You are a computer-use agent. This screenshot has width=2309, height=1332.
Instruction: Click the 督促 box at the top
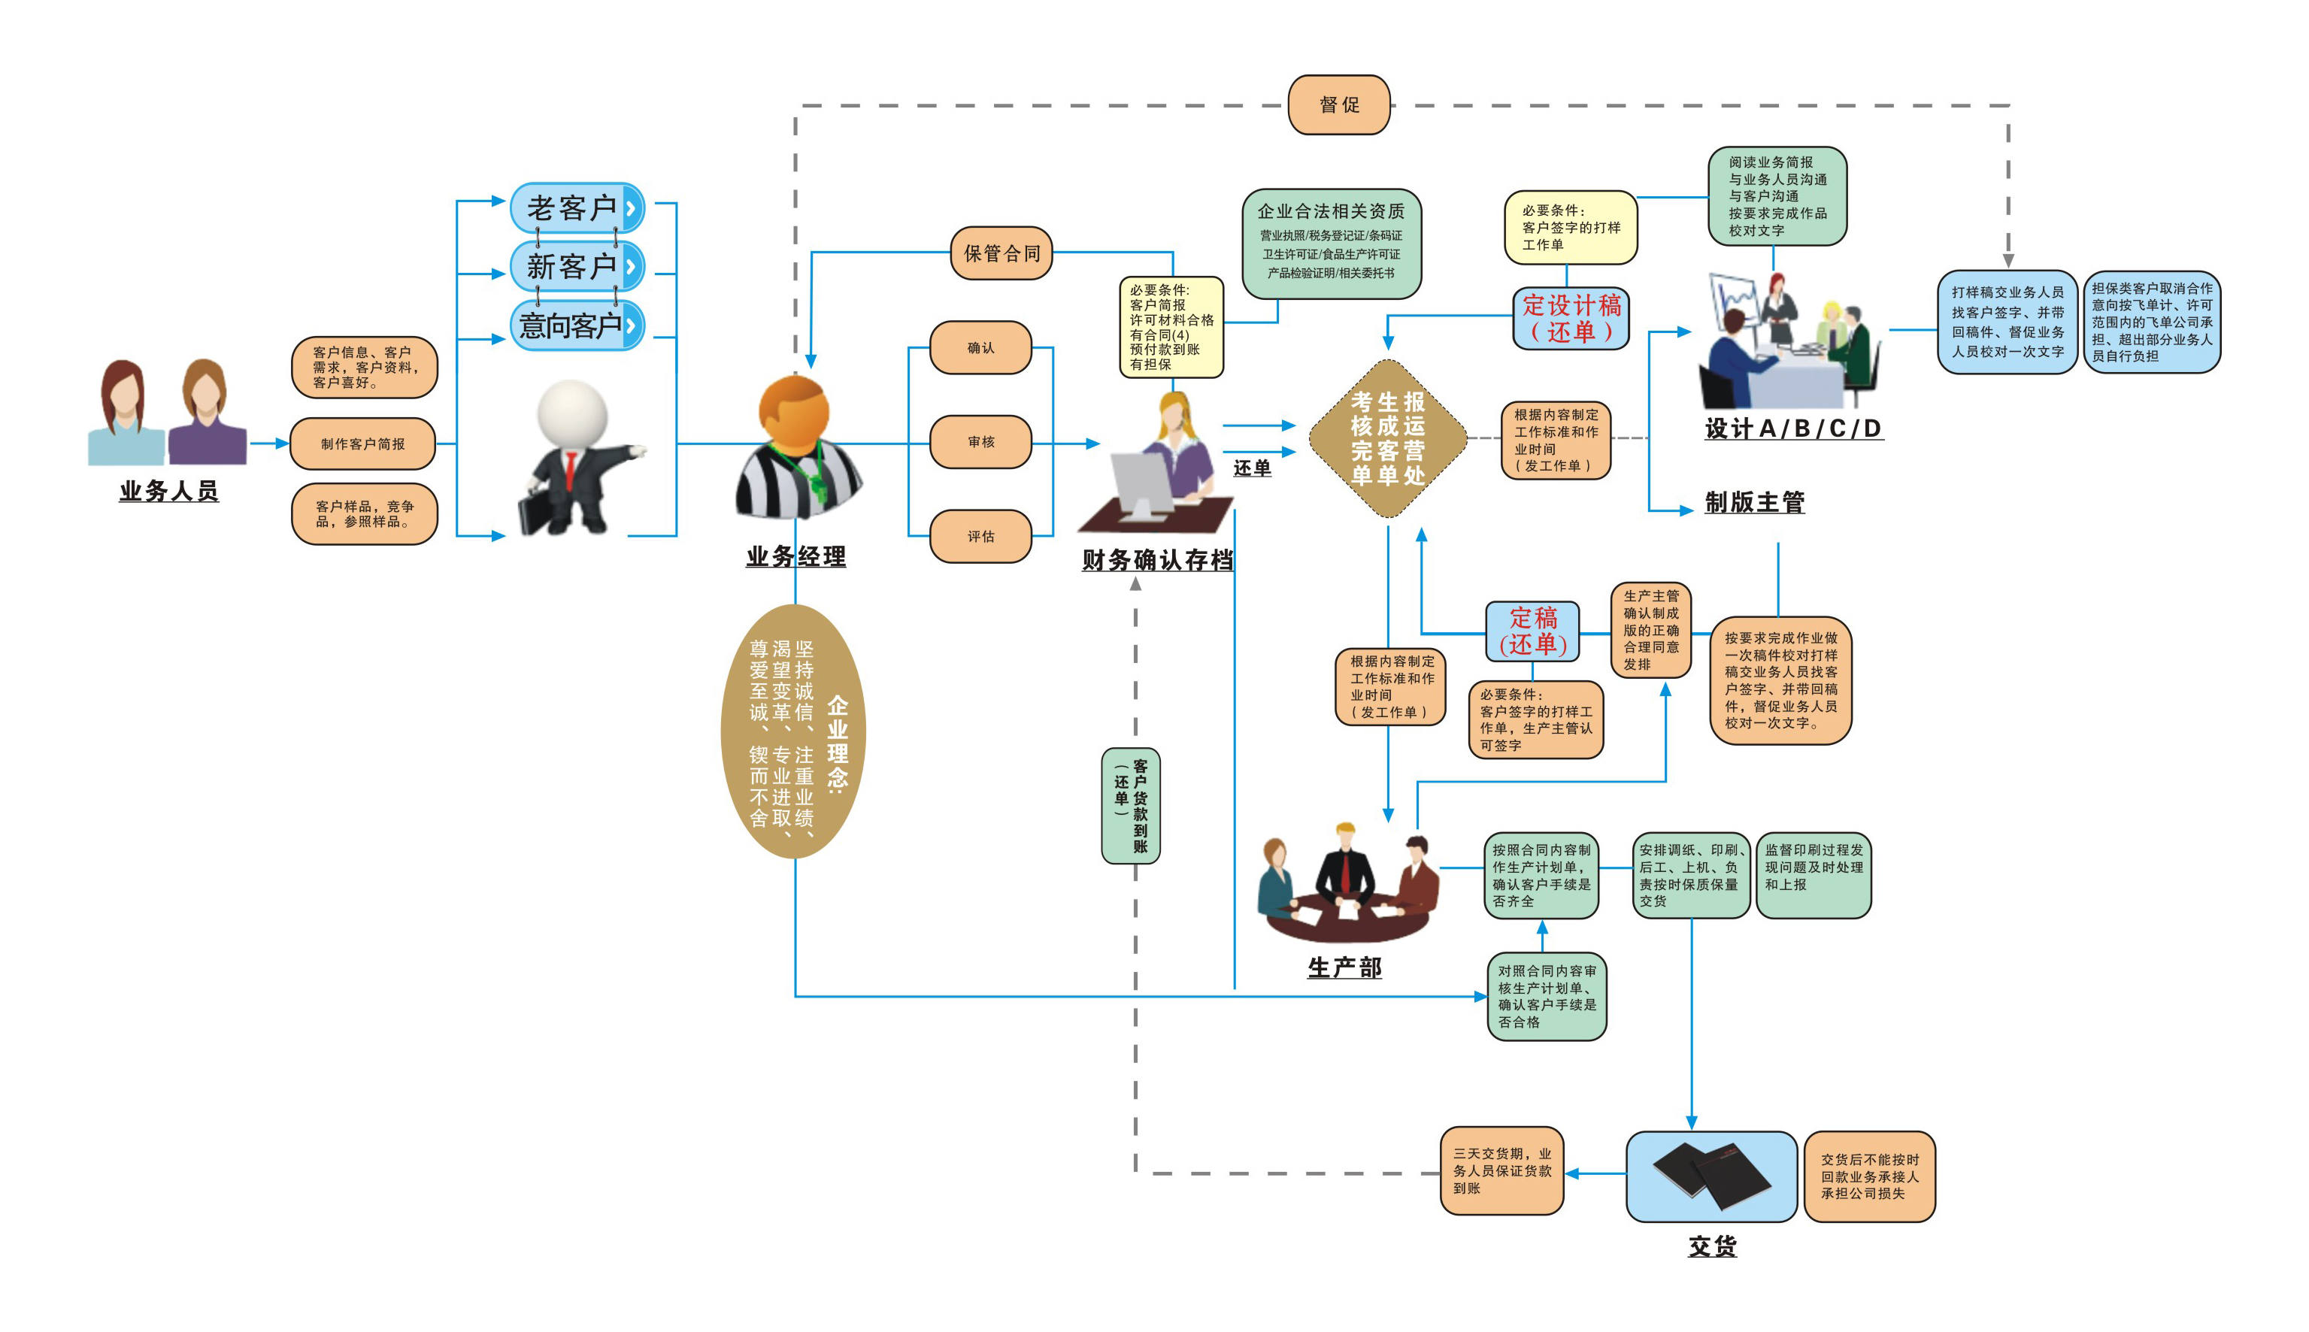pyautogui.click(x=1338, y=105)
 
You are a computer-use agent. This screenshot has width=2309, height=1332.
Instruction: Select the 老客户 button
pyautogui.click(x=577, y=207)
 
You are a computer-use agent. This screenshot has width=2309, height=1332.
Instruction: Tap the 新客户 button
pyautogui.click(x=577, y=266)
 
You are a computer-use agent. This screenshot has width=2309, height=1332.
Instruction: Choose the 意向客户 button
pyautogui.click(x=577, y=325)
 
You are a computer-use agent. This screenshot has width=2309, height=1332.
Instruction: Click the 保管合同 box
pyautogui.click(x=1001, y=253)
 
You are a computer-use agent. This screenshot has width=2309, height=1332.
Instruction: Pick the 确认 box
pyautogui.click(x=980, y=347)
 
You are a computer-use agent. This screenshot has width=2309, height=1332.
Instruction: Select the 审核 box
pyautogui.click(x=980, y=442)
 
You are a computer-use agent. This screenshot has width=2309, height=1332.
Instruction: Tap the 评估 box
pyautogui.click(x=980, y=536)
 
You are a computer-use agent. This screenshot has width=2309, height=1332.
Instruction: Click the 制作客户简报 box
pyautogui.click(x=362, y=443)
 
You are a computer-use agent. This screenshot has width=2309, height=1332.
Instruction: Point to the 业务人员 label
pyautogui.click(x=169, y=492)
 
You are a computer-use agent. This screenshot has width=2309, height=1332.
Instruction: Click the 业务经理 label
pyautogui.click(x=796, y=556)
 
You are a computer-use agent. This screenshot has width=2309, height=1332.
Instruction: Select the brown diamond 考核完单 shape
pyautogui.click(x=1388, y=438)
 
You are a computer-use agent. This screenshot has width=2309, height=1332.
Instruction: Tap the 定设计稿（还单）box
pyautogui.click(x=1571, y=319)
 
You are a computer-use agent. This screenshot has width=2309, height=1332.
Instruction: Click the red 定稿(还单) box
pyautogui.click(x=1532, y=631)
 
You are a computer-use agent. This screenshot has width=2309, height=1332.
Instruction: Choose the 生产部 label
pyautogui.click(x=1345, y=968)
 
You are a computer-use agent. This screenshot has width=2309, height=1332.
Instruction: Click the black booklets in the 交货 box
pyautogui.click(x=1711, y=1176)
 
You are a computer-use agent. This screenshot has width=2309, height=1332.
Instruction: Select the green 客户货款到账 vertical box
pyautogui.click(x=1131, y=805)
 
